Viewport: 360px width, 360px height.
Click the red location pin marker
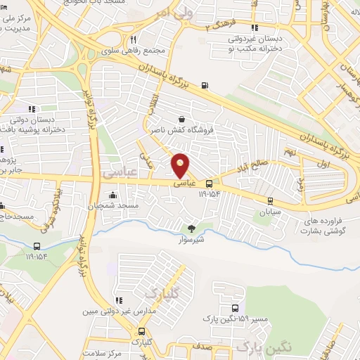coord(181,165)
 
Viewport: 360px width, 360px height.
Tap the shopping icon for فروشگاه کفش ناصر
coord(182,119)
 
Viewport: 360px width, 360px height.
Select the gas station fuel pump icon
coord(205,86)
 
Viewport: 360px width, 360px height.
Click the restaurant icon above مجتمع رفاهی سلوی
coord(133,40)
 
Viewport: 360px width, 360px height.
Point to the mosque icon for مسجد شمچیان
coord(112,195)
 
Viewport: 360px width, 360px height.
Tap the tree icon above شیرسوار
coord(191,228)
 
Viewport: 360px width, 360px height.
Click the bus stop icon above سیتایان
coord(271,200)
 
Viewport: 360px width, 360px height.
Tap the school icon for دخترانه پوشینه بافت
coord(31,109)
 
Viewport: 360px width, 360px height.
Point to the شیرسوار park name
coord(191,239)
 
